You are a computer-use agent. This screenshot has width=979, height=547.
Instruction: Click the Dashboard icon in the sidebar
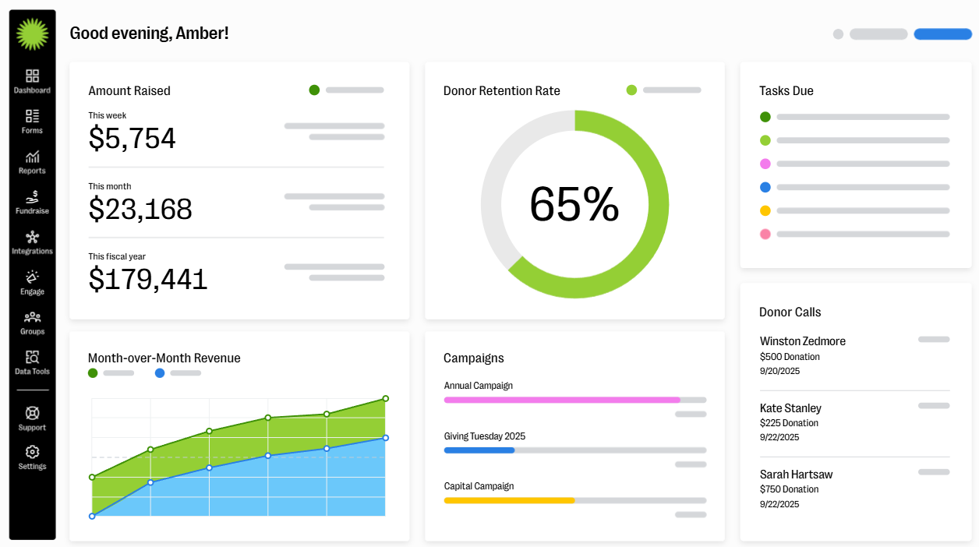32,76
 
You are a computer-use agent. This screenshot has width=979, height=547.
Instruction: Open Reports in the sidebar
32,157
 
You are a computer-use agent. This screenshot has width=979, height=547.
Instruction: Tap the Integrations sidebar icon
32,238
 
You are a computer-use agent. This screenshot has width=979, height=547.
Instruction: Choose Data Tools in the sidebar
32,358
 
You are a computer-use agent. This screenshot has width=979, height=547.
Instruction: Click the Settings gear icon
32,452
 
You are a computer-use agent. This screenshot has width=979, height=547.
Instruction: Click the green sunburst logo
32,34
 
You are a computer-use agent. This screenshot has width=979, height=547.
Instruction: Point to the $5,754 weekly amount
132,139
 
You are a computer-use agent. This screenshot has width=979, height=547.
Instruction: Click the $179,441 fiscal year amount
148,279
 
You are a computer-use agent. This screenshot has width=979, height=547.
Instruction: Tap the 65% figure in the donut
574,204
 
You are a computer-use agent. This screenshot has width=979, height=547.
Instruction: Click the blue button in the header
942,34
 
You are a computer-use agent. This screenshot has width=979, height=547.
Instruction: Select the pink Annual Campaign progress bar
561,400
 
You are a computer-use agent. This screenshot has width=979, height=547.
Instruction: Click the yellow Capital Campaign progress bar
509,500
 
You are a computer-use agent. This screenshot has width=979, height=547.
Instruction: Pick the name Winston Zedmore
802,341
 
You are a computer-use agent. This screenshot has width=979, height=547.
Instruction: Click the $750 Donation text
789,489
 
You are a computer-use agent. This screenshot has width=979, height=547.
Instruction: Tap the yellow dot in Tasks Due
765,210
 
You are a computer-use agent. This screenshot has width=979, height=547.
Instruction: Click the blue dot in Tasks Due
765,187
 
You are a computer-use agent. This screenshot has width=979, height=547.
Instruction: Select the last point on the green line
385,398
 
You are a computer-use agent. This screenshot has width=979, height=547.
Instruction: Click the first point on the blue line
92,516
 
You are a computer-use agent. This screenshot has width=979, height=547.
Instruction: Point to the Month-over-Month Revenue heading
164,358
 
